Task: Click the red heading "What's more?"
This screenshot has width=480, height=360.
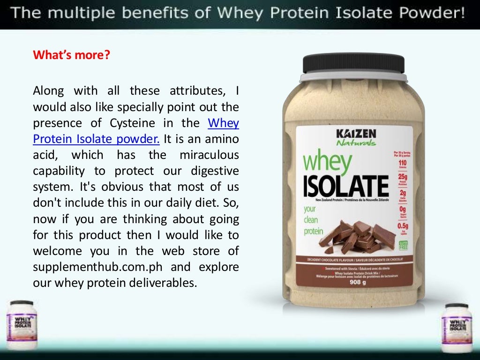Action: click(71, 55)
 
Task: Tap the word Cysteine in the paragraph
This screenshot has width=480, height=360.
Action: click(132, 123)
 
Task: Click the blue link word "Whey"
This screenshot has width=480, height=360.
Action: click(223, 123)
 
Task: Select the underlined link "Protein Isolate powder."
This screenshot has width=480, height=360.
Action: click(96, 139)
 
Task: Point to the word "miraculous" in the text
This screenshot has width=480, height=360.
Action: click(209, 155)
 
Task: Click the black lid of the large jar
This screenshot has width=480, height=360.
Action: click(353, 63)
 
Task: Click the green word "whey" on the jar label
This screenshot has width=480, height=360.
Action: click(327, 162)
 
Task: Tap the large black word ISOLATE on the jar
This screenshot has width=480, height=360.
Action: click(346, 186)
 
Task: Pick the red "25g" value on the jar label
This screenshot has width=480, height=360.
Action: click(403, 177)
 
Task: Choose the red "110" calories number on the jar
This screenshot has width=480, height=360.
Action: click(403, 162)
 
